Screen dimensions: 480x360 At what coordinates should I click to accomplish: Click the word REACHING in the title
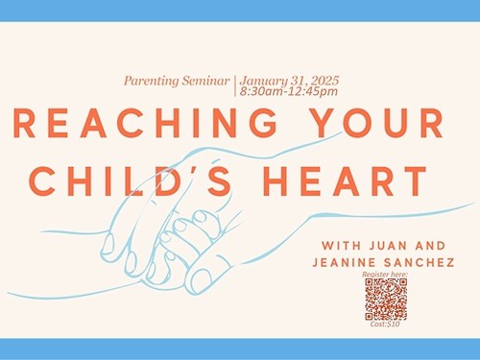pos(146,123)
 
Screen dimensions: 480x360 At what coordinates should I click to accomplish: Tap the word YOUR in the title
pos(377,123)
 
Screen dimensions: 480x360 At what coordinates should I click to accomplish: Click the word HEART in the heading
pos(345,181)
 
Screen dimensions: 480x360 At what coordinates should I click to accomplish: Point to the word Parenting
pos(152,81)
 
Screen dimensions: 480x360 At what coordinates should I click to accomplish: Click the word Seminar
pos(206,81)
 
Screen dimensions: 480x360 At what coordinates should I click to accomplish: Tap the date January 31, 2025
pos(289,81)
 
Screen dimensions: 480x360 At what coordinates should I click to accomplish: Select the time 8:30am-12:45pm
pos(289,91)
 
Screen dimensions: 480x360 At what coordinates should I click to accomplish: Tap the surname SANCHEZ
pos(420,263)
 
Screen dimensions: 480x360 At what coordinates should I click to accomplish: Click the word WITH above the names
pos(342,246)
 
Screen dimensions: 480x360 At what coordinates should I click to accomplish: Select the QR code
pos(386,300)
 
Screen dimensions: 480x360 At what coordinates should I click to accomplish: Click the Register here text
pos(385,275)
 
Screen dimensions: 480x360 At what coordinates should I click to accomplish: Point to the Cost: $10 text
pos(385,324)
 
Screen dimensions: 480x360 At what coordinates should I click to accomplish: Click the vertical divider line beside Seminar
pos(235,85)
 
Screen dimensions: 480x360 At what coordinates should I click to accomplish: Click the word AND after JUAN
pos(431,246)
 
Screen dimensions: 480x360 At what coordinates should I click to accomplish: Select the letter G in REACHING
pos(264,123)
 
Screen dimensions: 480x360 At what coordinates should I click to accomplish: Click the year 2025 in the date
pos(324,81)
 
